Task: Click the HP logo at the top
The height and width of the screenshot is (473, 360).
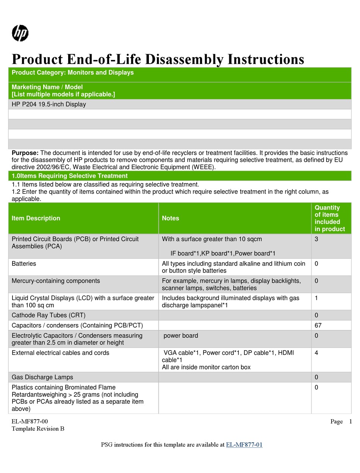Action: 20,33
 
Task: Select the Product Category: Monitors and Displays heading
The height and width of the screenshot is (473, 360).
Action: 73,73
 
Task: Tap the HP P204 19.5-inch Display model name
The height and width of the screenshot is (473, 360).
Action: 49,104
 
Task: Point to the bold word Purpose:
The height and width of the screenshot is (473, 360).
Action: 25,153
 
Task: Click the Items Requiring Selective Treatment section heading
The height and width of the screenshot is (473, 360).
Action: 70,176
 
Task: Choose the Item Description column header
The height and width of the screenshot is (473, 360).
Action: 36,218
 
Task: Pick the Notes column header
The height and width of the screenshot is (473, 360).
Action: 171,218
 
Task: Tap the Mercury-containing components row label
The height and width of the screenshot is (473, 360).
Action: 56,281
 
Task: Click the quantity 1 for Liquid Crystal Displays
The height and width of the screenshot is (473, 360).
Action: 316,298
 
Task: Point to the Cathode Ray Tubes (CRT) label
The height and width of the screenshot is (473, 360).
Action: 49,315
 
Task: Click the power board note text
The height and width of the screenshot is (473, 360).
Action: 181,336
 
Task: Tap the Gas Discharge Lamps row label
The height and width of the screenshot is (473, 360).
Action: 42,377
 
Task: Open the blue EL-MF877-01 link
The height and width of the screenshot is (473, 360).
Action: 244,445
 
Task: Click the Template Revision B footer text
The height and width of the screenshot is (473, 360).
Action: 38,429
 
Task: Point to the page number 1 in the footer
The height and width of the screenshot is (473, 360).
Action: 351,421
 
